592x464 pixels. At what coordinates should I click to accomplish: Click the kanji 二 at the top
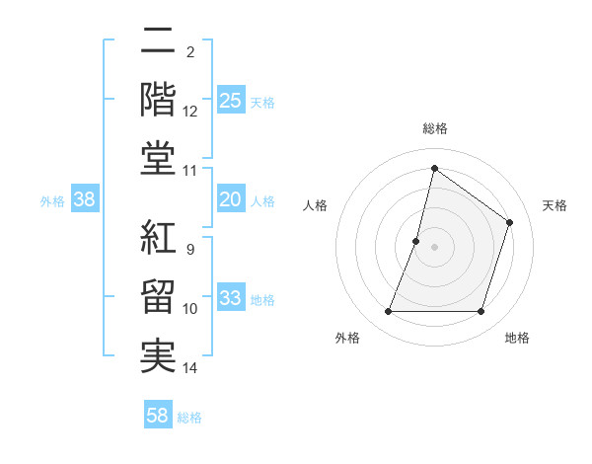159,43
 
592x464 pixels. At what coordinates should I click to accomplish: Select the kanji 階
159,101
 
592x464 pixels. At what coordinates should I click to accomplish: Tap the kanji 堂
159,159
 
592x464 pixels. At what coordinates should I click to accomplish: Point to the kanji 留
159,298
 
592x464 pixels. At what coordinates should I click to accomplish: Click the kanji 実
159,356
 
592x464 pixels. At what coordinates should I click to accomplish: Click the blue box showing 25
231,100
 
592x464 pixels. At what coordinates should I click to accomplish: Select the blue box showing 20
231,200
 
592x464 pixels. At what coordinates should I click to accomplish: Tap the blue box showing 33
231,299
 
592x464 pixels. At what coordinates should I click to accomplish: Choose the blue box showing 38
85,200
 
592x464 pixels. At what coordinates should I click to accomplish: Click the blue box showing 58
158,416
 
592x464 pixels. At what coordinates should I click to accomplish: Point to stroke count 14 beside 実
190,368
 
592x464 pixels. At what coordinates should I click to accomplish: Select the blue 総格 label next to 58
189,418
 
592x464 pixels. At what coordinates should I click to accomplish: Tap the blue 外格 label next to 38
52,201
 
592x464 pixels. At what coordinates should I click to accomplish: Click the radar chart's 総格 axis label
434,128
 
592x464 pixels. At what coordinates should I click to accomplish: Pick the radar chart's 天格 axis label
555,205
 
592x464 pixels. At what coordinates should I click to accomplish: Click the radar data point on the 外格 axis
388,312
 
